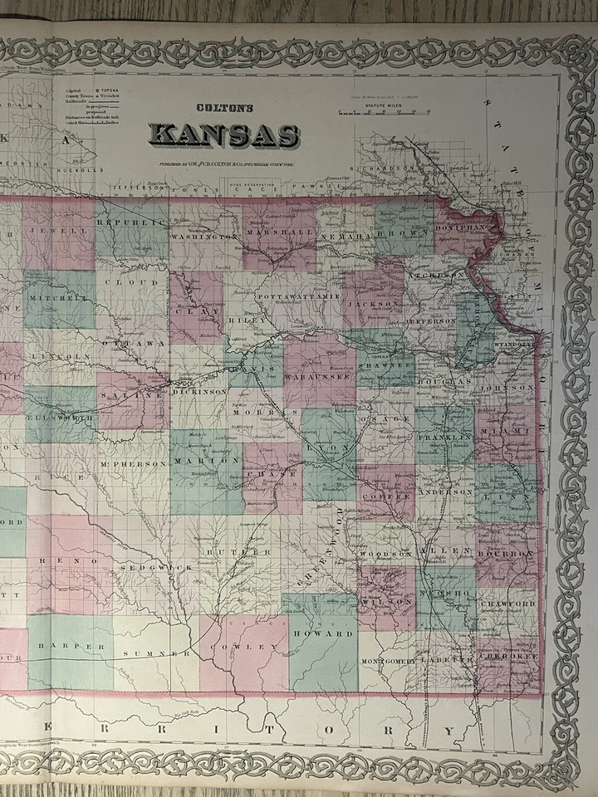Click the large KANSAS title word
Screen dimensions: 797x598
224,134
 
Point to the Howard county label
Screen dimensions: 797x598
332,633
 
